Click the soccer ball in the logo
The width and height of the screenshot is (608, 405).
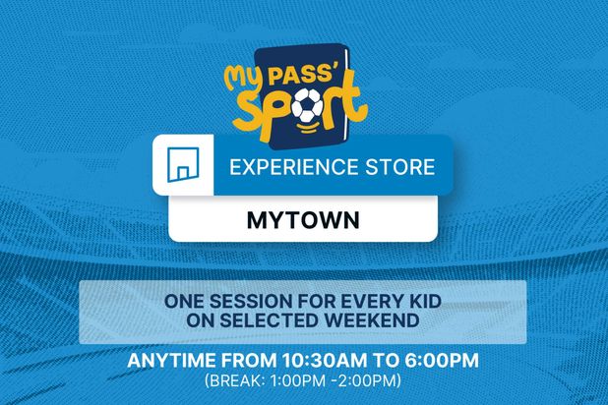pyautogui.click(x=307, y=105)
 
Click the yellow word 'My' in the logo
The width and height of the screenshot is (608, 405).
pyautogui.click(x=245, y=81)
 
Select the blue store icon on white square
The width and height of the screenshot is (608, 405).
pyautogui.click(x=183, y=164)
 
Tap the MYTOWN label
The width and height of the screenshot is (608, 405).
pyautogui.click(x=303, y=220)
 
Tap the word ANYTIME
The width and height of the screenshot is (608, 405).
pyautogui.click(x=171, y=361)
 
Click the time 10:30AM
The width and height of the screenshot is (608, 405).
pyautogui.click(x=324, y=361)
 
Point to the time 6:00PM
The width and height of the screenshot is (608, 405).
pyautogui.click(x=442, y=361)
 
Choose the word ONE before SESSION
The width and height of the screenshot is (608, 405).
pyautogui.click(x=184, y=302)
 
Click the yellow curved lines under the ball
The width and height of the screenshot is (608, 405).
pyautogui.click(x=308, y=128)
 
